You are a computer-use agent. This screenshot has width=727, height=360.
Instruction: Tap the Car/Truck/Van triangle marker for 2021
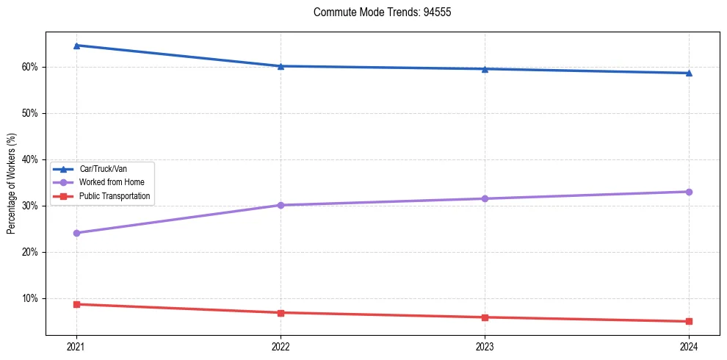(76, 46)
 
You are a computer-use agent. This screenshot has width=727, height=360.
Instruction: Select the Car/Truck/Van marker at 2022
(281, 66)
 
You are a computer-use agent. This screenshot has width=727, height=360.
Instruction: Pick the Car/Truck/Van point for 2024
(689, 73)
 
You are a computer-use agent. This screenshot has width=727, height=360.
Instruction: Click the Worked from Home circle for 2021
(76, 233)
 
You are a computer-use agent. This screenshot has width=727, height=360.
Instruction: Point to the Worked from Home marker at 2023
(485, 198)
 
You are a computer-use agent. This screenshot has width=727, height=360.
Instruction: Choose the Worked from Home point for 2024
(689, 192)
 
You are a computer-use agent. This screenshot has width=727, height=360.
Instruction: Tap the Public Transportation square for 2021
(76, 304)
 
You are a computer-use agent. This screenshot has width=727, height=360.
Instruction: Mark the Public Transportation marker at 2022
(281, 313)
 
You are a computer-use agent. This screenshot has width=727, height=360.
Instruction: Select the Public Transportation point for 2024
(689, 321)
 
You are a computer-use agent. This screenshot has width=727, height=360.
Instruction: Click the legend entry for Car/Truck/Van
(101, 169)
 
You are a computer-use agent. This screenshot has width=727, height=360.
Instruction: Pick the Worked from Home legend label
(112, 182)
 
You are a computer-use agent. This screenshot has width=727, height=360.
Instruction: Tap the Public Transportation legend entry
(115, 196)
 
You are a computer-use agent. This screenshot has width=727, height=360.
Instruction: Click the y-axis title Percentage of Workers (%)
(12, 184)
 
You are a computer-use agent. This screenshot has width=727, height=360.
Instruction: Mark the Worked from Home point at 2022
(281, 205)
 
